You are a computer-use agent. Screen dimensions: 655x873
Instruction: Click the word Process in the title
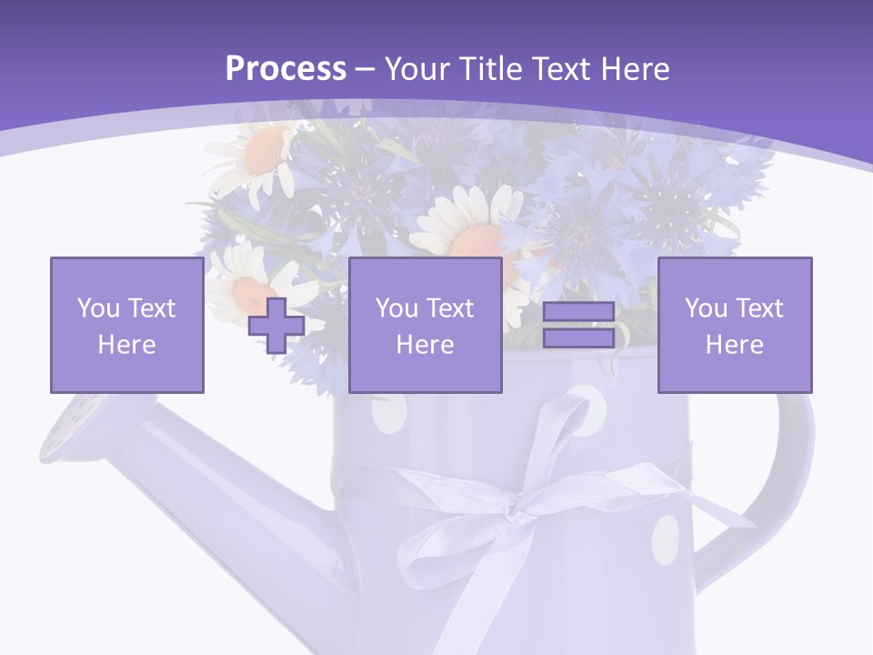(x=286, y=69)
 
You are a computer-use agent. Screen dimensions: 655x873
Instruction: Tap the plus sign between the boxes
(x=276, y=326)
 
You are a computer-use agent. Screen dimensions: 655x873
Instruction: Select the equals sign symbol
(x=578, y=325)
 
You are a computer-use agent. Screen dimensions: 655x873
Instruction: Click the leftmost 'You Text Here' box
(x=127, y=325)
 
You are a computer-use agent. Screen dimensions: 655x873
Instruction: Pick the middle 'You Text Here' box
(x=425, y=325)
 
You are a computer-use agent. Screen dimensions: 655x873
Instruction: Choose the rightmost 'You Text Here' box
(x=734, y=325)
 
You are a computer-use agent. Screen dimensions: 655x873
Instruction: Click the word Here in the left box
(x=126, y=345)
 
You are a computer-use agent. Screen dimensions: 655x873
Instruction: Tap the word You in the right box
(x=705, y=308)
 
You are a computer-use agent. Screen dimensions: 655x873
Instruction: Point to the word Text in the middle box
(x=449, y=308)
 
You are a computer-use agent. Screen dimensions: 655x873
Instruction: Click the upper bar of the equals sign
(x=578, y=312)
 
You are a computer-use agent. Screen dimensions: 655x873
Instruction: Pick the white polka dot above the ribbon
(x=587, y=404)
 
